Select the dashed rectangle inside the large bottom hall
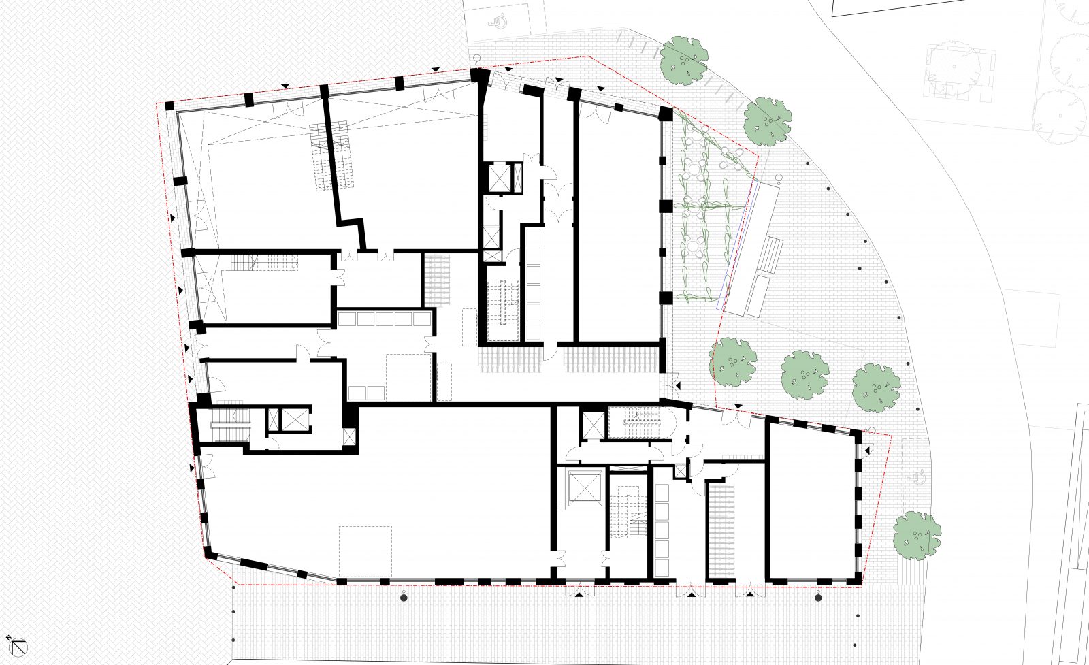pyautogui.click(x=365, y=551)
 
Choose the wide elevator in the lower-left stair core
pyautogui.click(x=295, y=419)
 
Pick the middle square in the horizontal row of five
pyautogui.click(x=385, y=319)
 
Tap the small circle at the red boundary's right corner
pyautogui.click(x=873, y=430)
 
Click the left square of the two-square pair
pyautogui.click(x=357, y=392)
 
